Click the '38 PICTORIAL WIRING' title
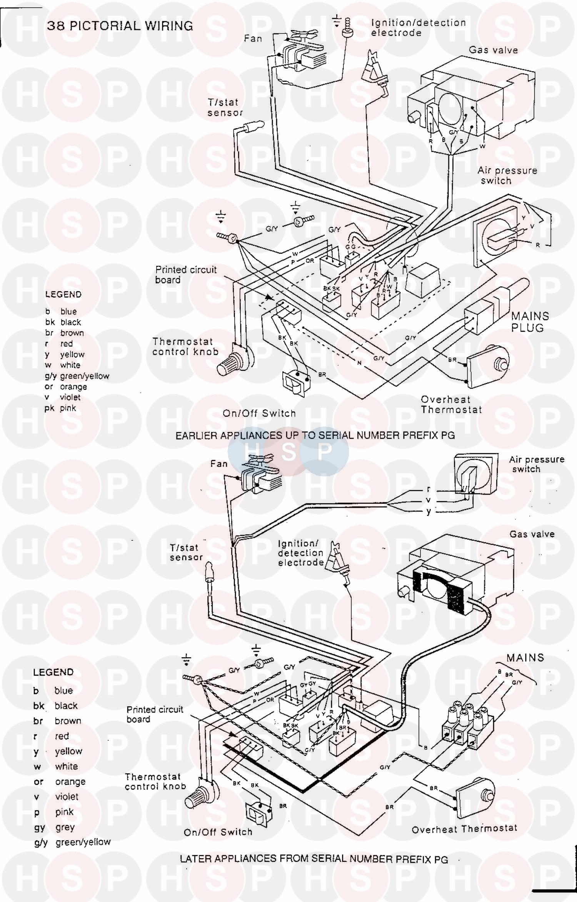pyautogui.click(x=120, y=26)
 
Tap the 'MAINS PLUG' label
pyautogui.click(x=530, y=322)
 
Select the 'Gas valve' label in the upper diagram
pyautogui.click(x=493, y=50)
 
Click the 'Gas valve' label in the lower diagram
pyautogui.click(x=532, y=534)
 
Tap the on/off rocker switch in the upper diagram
pyautogui.click(x=295, y=382)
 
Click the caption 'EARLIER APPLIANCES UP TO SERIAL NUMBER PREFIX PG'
pyautogui.click(x=315, y=435)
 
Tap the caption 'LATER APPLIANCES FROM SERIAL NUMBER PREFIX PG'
pyautogui.click(x=314, y=859)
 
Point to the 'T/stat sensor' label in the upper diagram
pyautogui.click(x=225, y=108)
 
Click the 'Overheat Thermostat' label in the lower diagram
pyautogui.click(x=464, y=829)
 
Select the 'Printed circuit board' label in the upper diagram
pyautogui.click(x=186, y=274)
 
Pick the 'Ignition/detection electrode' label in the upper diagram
pyautogui.click(x=418, y=28)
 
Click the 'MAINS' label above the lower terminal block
pyautogui.click(x=525, y=658)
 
